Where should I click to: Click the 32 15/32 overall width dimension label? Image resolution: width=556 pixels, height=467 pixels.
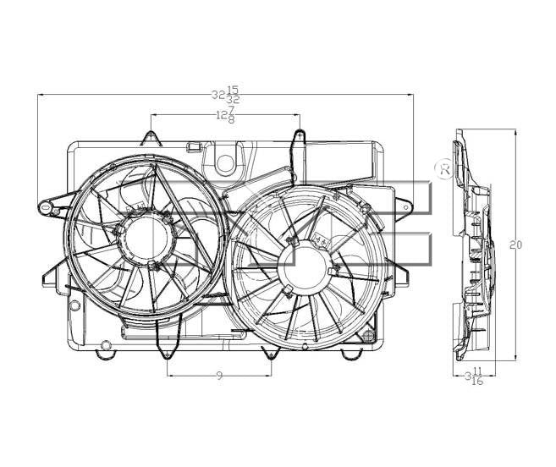coord(226,94)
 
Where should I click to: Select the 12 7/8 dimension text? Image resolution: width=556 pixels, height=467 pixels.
coord(224,115)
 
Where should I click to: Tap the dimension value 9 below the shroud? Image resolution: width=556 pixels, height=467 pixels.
coord(219,376)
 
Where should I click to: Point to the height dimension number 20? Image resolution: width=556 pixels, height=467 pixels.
coord(516,245)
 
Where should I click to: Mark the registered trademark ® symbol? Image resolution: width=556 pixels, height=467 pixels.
coord(443,168)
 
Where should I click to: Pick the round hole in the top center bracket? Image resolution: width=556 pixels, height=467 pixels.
coord(225,161)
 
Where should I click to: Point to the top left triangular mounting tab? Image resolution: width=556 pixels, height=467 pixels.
coord(151,137)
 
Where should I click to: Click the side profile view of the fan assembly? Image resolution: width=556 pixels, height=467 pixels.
coord(474,245)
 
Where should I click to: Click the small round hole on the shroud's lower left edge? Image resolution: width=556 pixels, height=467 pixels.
coord(74,304)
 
